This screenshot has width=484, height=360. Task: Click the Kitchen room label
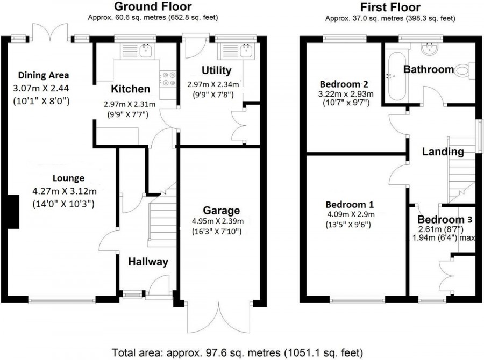click(131, 89)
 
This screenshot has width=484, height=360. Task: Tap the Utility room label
click(216, 70)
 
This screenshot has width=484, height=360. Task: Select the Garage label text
click(222, 211)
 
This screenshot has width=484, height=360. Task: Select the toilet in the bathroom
click(465, 70)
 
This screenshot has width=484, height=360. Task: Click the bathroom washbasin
click(430, 49)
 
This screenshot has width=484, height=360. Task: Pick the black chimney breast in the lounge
click(13, 212)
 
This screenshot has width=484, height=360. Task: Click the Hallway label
click(148, 262)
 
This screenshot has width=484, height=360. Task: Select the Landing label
click(443, 152)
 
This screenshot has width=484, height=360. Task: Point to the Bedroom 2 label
click(344, 84)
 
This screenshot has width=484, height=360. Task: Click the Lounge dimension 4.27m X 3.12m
click(65, 191)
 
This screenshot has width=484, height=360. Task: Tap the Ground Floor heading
click(153, 6)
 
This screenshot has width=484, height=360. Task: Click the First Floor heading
click(390, 7)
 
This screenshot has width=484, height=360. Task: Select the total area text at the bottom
click(237, 352)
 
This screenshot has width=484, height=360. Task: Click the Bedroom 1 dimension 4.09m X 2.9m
click(351, 214)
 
